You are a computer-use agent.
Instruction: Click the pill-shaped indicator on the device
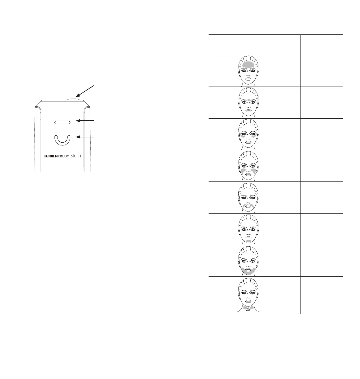(63, 122)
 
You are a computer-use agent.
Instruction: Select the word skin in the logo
(75, 156)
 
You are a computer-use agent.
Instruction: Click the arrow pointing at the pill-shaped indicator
(88, 120)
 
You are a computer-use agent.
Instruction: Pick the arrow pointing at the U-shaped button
(88, 137)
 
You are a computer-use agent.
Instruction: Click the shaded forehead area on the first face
(248, 65)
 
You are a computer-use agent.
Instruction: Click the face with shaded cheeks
(248, 166)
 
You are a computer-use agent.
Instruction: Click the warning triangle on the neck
(248, 310)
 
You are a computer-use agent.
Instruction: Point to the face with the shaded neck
(248, 295)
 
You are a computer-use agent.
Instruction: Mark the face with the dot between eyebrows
(248, 102)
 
